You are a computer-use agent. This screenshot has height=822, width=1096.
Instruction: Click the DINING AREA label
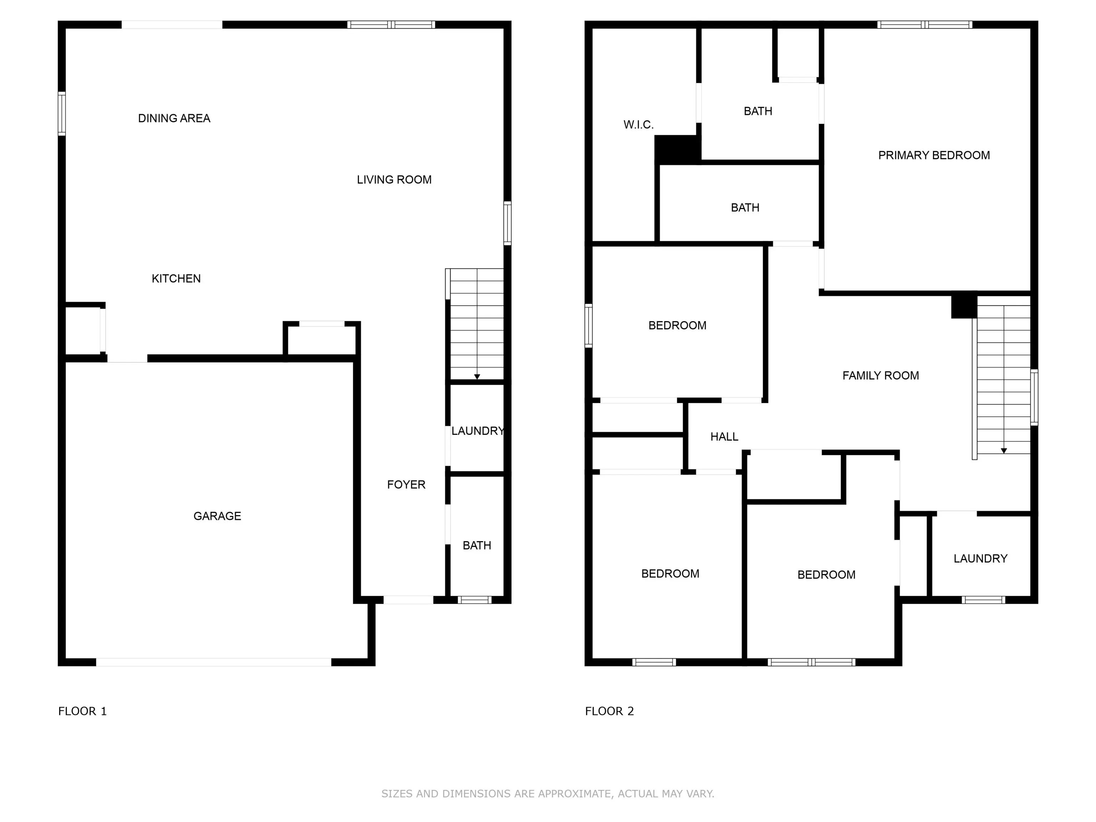coord(174,118)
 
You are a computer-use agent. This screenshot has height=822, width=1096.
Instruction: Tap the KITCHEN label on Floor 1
coord(176,278)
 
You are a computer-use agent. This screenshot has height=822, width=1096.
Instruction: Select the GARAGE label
coord(217,516)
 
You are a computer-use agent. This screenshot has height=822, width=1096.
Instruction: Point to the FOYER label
coord(406,484)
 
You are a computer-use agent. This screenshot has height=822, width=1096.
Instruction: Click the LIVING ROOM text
coord(394,180)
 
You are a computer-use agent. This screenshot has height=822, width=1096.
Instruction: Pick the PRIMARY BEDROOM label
coord(933,156)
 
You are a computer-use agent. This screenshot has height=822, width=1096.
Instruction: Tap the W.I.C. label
coord(638,125)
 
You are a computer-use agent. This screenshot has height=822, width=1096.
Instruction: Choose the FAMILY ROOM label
coord(881,376)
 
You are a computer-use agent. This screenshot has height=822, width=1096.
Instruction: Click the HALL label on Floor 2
coord(724,437)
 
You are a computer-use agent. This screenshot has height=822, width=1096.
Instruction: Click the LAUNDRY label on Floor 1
coord(477,431)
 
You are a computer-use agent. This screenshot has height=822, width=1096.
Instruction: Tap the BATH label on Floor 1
coord(477,546)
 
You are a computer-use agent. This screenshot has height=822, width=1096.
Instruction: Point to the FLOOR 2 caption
coord(609,711)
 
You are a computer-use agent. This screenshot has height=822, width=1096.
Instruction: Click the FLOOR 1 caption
coord(82,711)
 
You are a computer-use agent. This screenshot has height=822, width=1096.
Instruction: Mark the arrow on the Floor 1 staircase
coord(477,376)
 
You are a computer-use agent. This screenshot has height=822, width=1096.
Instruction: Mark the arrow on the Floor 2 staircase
coord(1003,450)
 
